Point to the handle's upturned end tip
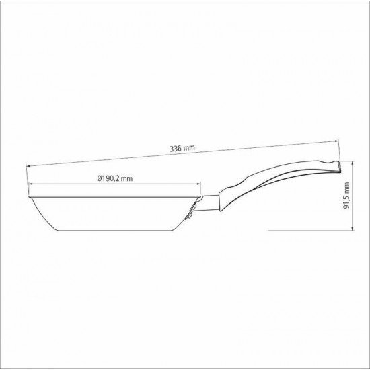[x=336, y=163]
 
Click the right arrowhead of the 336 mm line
[x=339, y=139]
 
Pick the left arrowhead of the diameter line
[x=31, y=184]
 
